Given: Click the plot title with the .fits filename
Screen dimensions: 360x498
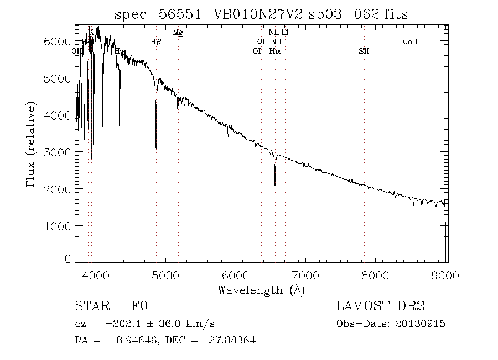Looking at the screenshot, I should tap(261, 15).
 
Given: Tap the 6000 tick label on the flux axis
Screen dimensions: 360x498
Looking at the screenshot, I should tap(58, 42).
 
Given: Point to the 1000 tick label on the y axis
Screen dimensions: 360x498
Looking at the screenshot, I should tap(58, 226).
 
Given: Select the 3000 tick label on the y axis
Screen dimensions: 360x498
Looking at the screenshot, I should tap(58, 152).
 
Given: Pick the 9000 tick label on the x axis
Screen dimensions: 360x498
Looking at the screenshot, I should tap(447, 275).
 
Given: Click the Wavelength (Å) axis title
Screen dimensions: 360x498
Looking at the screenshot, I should tap(261, 289).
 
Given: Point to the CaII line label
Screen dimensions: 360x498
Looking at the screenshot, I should tap(411, 42).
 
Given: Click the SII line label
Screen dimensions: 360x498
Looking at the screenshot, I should tap(364, 51).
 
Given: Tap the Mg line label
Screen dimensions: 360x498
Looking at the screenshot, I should tap(178, 32).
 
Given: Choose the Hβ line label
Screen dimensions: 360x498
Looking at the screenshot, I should tap(156, 42).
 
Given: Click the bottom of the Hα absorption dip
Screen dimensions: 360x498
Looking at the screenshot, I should tap(274, 184).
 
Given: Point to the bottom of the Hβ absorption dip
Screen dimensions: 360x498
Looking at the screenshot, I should tap(156, 148).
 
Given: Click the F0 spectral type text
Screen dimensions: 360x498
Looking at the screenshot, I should tap(139, 306).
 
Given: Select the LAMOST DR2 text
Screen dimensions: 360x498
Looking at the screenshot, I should tap(380, 306).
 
